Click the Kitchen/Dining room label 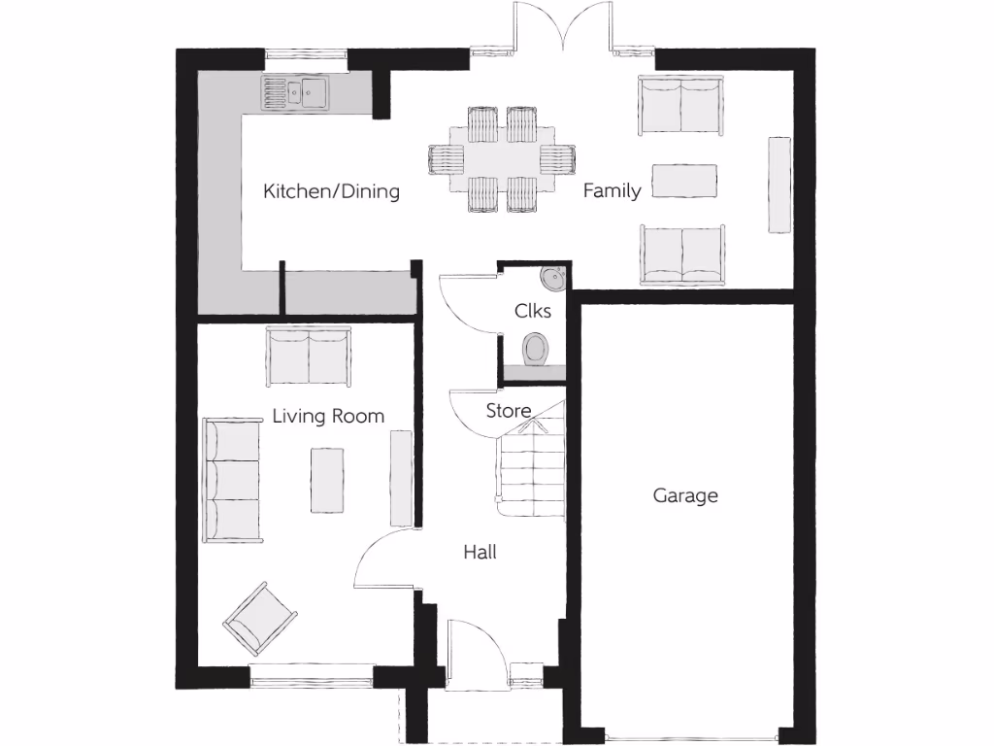click(x=331, y=191)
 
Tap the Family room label click(x=612, y=190)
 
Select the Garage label click(x=685, y=495)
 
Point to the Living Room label click(x=328, y=416)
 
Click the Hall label click(x=480, y=552)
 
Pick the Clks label click(x=533, y=311)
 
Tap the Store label click(x=509, y=410)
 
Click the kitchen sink click(x=296, y=93)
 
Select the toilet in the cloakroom click(x=535, y=349)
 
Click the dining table click(x=503, y=157)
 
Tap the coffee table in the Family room click(x=684, y=180)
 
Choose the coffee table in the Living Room click(x=327, y=479)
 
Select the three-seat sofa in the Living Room click(x=232, y=481)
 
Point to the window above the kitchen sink click(x=307, y=54)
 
